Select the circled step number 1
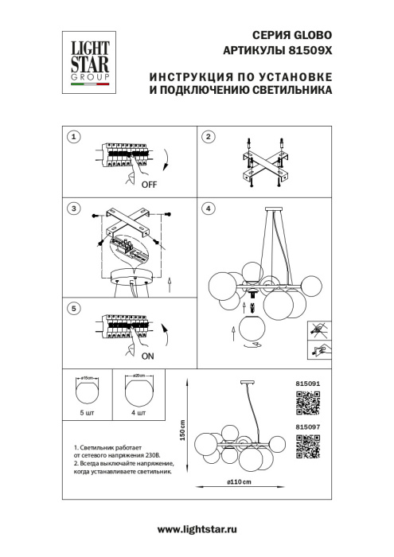(73, 137)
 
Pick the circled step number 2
(208, 137)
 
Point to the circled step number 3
(73, 208)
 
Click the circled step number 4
(208, 208)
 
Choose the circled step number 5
(73, 308)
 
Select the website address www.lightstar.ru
(197, 529)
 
